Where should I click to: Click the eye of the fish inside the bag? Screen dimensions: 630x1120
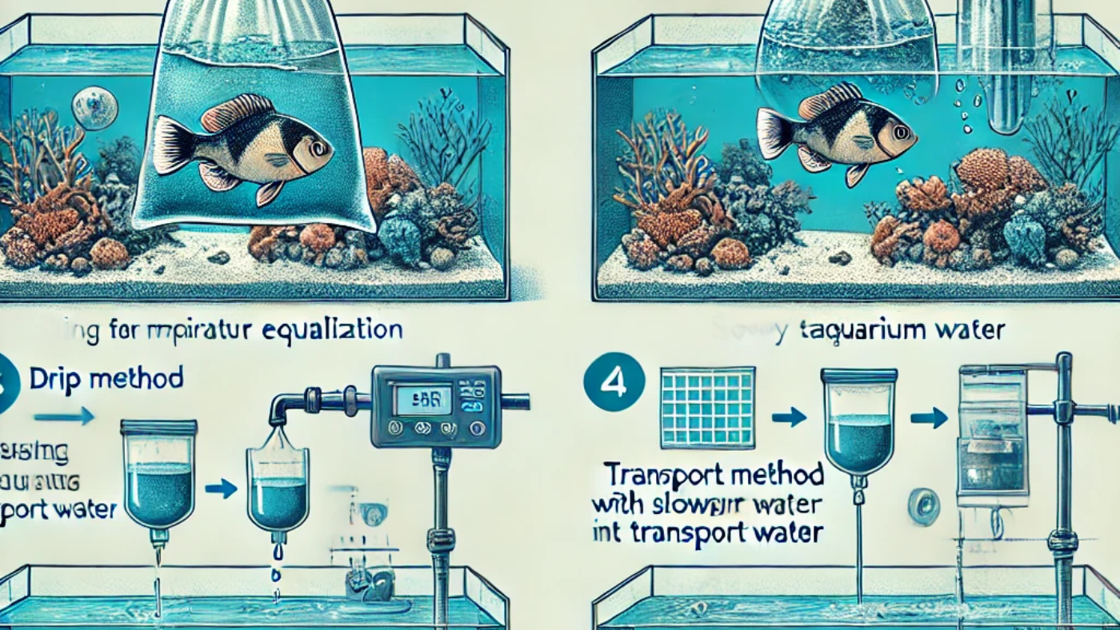click(318, 147)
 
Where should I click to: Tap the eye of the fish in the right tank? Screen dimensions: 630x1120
click(901, 131)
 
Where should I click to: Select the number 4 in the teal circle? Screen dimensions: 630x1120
click(614, 383)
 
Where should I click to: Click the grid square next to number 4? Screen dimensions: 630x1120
click(707, 406)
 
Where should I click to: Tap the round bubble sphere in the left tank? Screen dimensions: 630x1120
click(94, 108)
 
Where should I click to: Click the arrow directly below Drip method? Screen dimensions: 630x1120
click(64, 416)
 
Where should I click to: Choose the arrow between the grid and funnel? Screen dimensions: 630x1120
click(792, 416)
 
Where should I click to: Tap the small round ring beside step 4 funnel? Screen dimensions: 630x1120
click(923, 507)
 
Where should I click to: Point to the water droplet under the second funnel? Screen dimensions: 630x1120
click(277, 552)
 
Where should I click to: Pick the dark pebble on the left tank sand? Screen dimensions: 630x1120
click(218, 257)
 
